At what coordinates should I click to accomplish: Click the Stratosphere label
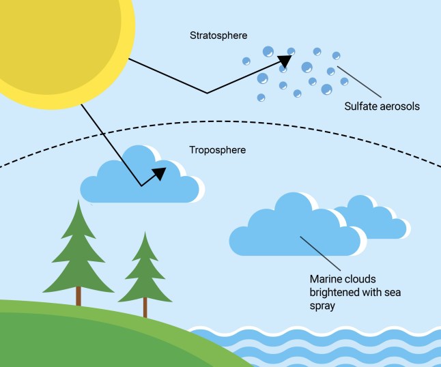tap(218, 34)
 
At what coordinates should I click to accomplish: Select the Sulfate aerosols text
tap(381, 106)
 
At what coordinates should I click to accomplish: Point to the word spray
tap(322, 307)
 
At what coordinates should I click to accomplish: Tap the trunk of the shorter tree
tap(145, 308)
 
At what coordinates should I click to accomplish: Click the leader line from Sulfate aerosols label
tap(359, 82)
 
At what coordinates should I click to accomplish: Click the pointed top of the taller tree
tap(79, 203)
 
